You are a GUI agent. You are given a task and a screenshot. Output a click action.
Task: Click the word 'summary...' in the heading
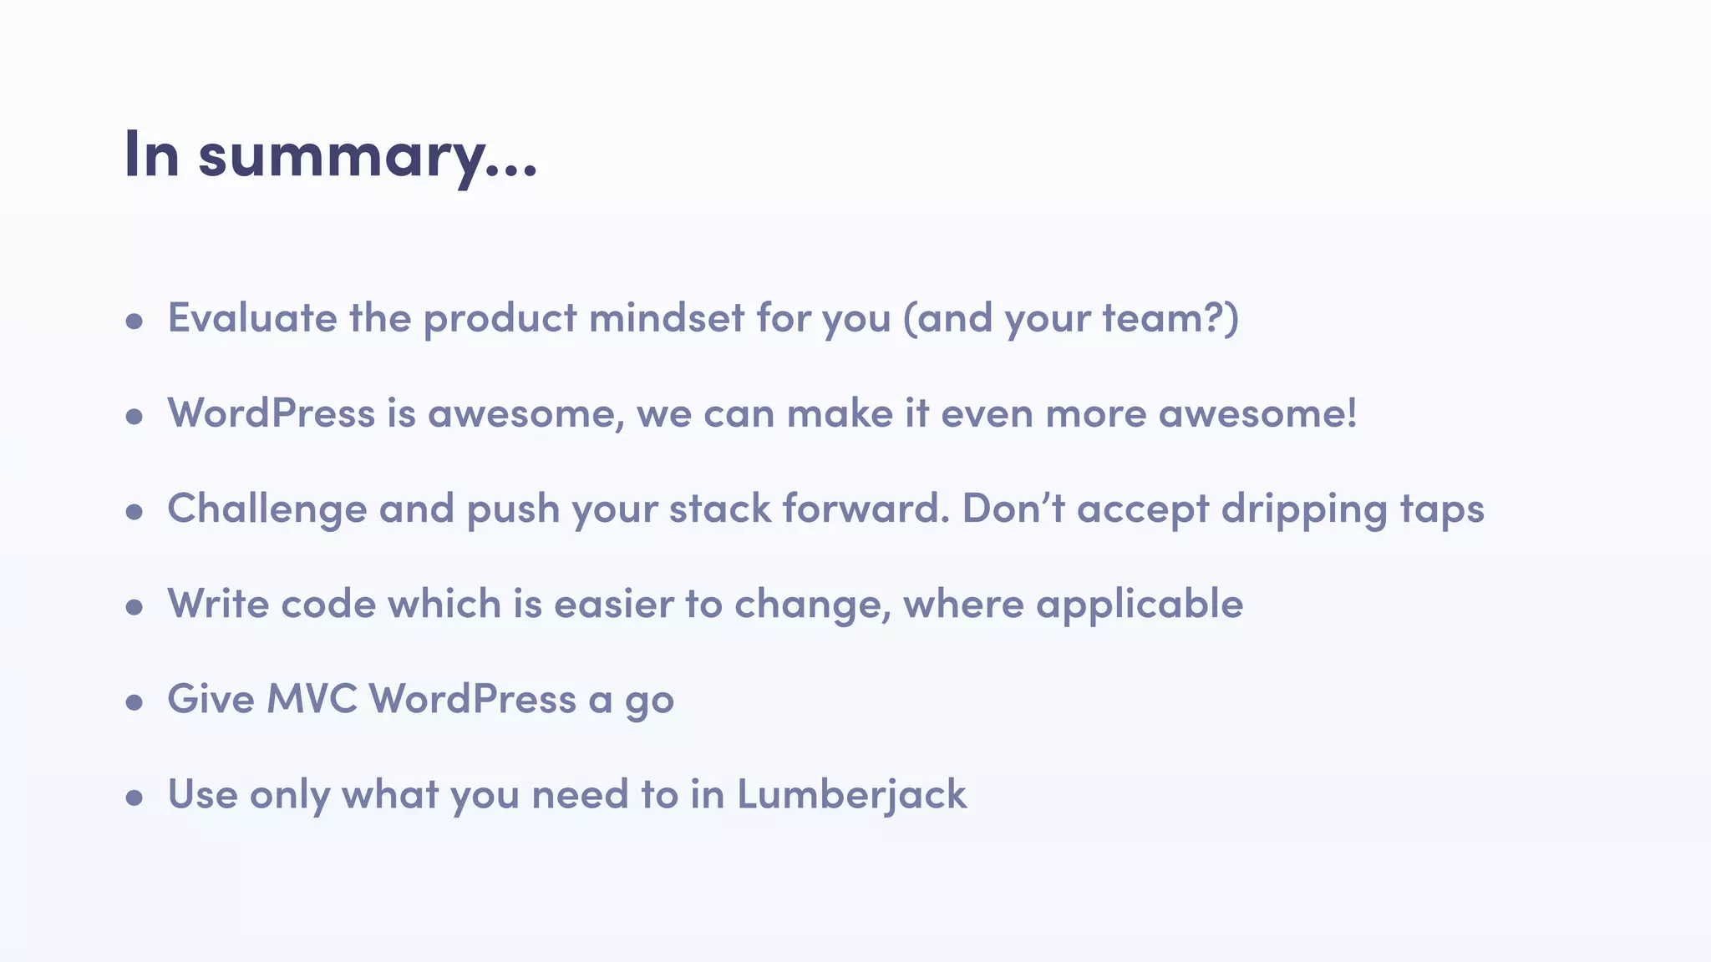point(368,156)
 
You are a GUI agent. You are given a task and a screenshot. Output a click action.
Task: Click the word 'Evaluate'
point(252,318)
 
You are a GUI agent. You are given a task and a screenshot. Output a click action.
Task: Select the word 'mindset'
point(666,318)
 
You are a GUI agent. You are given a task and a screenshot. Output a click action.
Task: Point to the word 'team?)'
point(1170,319)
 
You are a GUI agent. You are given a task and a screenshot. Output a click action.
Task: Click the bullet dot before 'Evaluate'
point(135,322)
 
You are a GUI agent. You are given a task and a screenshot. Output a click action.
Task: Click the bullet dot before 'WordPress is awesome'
point(135,417)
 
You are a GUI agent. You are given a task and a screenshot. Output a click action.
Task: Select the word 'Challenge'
point(267,509)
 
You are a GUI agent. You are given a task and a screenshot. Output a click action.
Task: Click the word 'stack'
point(720,509)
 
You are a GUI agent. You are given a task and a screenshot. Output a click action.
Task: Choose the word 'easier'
point(613,604)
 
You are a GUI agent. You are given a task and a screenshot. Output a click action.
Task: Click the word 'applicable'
point(1140,605)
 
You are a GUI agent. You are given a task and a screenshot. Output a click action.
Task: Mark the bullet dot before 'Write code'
point(135,607)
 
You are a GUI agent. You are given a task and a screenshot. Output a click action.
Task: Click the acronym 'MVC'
point(312,699)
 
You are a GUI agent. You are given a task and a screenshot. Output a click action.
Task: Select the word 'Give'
point(211,699)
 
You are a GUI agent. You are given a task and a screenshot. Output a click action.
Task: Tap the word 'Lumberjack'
point(851,794)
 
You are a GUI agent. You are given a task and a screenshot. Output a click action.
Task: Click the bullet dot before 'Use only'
point(135,797)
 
